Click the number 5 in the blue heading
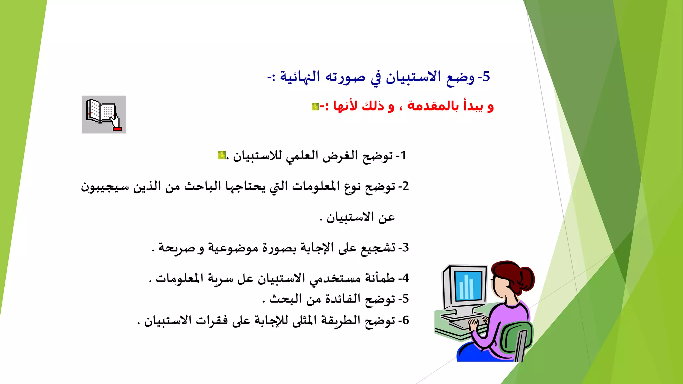click(x=486, y=77)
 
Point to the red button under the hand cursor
click(x=117, y=129)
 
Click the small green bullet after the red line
click(x=315, y=107)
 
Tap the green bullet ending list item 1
click(x=221, y=155)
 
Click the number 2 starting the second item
click(x=405, y=186)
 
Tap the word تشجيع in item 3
click(x=378, y=248)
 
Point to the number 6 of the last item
click(x=405, y=320)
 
